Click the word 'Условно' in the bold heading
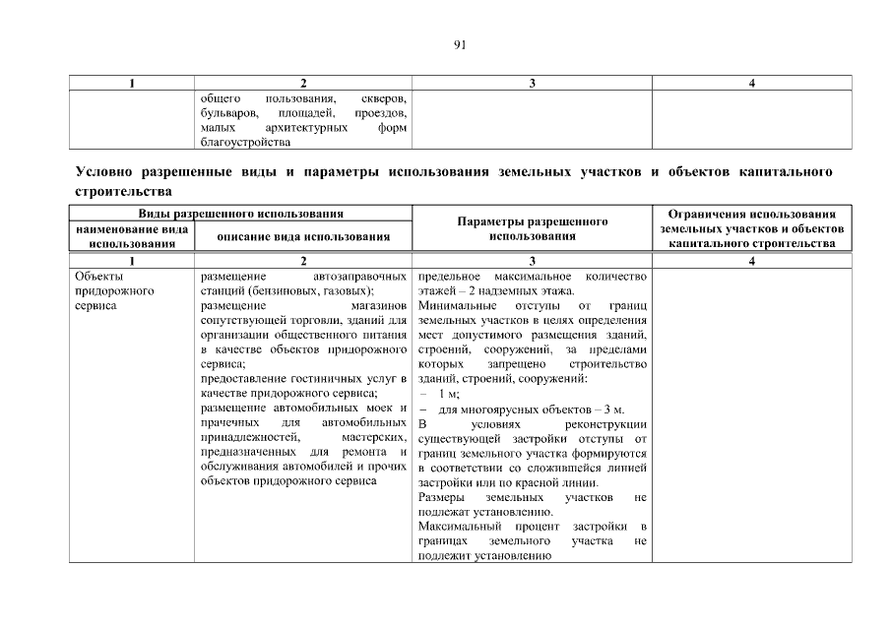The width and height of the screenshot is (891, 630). pyautogui.click(x=105, y=172)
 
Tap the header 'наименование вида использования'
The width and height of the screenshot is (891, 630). pyautogui.click(x=132, y=236)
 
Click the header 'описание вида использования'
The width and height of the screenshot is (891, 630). pyautogui.click(x=303, y=236)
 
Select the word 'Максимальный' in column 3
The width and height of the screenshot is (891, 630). pyautogui.click(x=456, y=529)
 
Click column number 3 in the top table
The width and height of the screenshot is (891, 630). pyautogui.click(x=532, y=84)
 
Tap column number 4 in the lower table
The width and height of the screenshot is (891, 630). pyautogui.click(x=751, y=261)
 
